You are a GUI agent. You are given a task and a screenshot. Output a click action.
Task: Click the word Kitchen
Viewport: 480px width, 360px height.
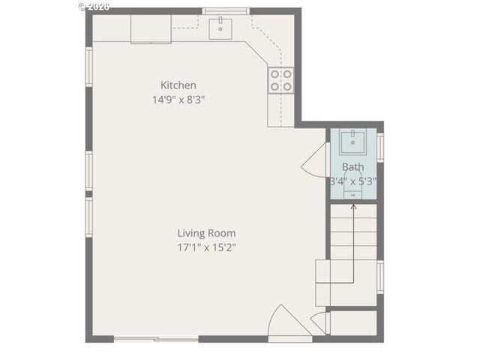(x=178, y=85)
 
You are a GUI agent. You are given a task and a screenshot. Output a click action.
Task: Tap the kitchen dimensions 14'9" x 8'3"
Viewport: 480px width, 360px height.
(x=178, y=98)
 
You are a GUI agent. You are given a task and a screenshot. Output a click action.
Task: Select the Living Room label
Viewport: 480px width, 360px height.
(x=206, y=233)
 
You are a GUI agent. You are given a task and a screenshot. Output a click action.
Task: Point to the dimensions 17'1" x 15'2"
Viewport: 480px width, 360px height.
(x=206, y=246)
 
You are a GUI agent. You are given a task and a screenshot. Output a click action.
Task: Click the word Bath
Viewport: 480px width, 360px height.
(x=352, y=167)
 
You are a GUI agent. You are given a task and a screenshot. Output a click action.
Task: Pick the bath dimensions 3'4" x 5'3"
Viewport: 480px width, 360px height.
(x=352, y=181)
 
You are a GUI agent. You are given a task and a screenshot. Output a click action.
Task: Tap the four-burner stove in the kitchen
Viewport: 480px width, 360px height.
(x=280, y=80)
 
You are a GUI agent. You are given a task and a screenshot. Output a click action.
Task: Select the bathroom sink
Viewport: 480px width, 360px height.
(x=352, y=141)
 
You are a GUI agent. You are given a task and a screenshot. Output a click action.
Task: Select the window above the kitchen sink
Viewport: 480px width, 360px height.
(x=226, y=11)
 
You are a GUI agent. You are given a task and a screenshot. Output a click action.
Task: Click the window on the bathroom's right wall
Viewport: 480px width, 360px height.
(x=379, y=147)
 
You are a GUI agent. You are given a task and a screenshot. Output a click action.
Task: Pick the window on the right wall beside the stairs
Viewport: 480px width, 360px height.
(x=379, y=276)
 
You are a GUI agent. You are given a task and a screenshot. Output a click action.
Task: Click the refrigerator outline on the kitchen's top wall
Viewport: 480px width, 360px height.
(x=151, y=28)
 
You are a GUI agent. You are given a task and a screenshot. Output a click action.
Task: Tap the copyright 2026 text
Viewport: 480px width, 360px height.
(x=94, y=5)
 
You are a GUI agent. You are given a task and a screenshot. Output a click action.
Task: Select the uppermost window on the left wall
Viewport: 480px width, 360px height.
(x=88, y=66)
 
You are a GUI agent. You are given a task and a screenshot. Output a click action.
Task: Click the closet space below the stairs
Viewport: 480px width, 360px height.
(x=352, y=322)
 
